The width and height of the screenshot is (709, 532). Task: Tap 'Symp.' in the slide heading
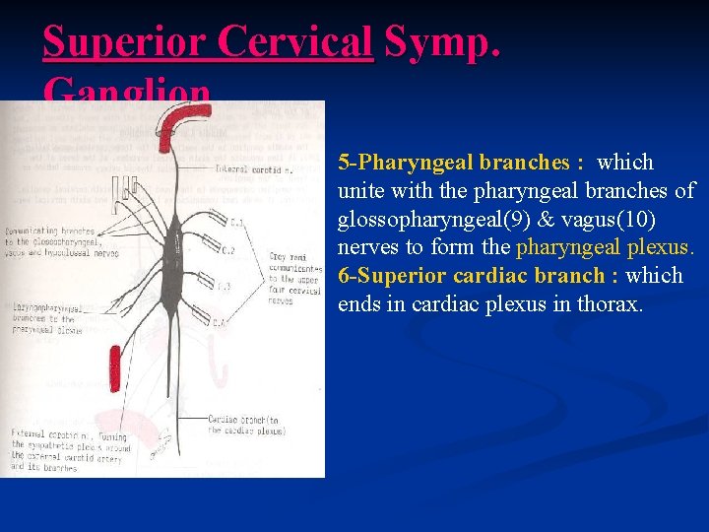click(x=442, y=41)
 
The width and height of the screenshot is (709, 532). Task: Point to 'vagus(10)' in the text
click(x=602, y=219)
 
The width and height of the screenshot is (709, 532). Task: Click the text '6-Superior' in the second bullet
click(x=387, y=276)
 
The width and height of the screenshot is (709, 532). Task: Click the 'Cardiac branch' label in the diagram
click(x=246, y=425)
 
